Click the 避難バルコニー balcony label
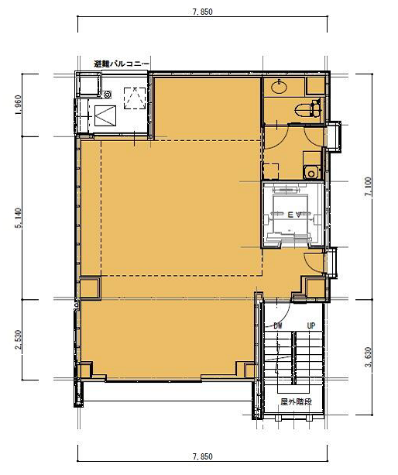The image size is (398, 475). click(122, 64)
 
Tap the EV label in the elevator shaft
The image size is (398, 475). click(293, 215)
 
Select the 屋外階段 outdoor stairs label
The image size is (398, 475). click(296, 401)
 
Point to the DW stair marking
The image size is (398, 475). click(277, 326)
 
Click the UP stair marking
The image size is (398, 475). click(311, 326)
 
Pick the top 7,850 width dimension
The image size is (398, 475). click(202, 12)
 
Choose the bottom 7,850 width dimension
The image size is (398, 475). click(202, 456)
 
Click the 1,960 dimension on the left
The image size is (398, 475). click(18, 105)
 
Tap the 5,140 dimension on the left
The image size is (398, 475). click(18, 218)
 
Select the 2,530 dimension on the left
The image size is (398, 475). click(18, 339)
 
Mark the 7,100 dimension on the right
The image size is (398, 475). click(369, 187)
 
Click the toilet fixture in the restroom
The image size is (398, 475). click(307, 109)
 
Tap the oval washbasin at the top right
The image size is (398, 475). click(279, 87)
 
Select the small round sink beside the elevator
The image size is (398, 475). click(311, 174)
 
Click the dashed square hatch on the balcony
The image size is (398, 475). click(135, 98)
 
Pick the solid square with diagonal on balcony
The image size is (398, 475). click(105, 115)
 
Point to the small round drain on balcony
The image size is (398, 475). click(107, 95)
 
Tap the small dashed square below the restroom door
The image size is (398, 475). click(271, 171)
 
